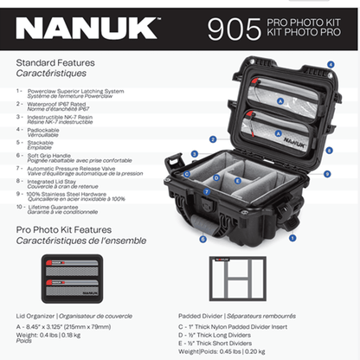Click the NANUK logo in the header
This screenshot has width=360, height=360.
pos(87,29)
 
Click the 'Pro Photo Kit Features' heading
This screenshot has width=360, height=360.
pos(66,229)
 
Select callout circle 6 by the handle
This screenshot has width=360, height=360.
pos(202,238)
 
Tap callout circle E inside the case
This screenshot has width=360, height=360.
pos(238,183)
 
